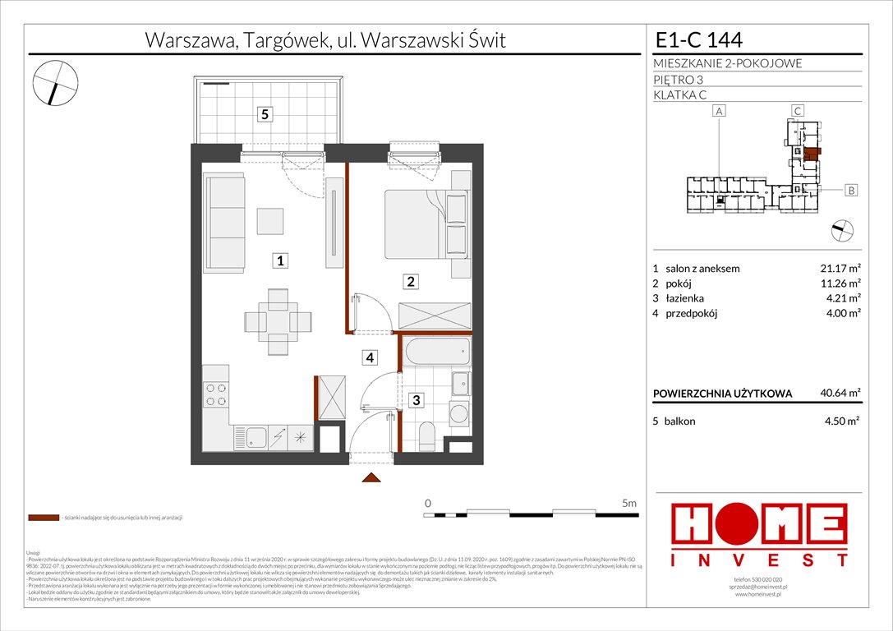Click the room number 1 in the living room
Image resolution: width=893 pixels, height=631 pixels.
pos(280,261)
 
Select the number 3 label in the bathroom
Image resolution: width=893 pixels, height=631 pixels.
pos(417,400)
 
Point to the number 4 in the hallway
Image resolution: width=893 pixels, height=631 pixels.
pos(371,357)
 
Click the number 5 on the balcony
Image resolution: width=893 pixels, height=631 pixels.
pos(265,115)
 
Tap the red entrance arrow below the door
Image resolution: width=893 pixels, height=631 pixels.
pos(371,478)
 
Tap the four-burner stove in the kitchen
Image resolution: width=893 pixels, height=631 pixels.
pos(216,396)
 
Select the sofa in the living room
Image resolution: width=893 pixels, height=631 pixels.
pos(225,223)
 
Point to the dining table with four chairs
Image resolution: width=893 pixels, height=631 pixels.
pos(279,320)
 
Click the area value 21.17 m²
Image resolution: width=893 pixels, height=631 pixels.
pos(837,268)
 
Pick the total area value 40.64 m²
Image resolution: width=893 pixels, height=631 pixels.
pos(837,393)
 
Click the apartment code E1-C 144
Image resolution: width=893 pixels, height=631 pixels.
pos(700,40)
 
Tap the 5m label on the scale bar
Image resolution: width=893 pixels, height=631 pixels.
pos(628,503)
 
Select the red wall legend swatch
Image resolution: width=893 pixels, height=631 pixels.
pos(43,518)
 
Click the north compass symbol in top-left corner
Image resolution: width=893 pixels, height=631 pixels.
pos(55,83)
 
